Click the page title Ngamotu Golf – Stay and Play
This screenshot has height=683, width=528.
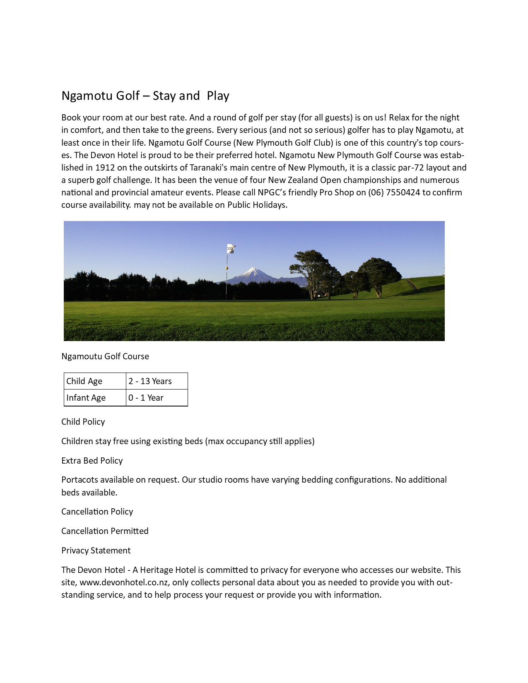click(145, 96)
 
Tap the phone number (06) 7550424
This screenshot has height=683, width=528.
click(394, 192)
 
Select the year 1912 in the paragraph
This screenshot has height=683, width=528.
click(105, 168)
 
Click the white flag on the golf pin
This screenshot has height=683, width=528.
click(231, 248)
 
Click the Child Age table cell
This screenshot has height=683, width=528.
click(95, 381)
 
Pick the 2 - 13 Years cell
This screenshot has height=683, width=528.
click(157, 381)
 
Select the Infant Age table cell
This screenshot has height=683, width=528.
click(95, 398)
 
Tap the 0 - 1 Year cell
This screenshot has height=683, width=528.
click(157, 398)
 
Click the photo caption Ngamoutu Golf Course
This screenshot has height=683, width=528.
click(105, 356)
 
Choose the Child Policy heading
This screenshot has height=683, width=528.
click(83, 422)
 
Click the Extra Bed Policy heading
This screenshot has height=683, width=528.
click(92, 461)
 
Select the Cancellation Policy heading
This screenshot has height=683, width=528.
click(97, 512)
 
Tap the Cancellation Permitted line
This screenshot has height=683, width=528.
click(105, 531)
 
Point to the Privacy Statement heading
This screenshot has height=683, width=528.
click(96, 551)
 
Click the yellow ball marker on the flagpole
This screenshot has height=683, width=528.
click(227, 268)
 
